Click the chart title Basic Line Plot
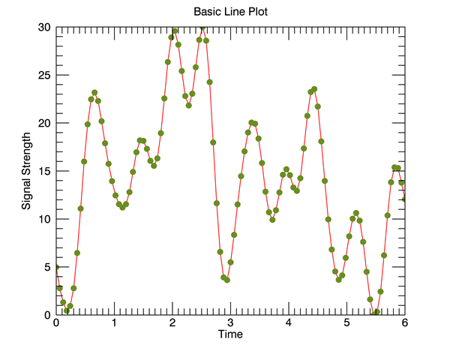[x=229, y=12]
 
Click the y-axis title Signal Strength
[x=26, y=171]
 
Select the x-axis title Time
[x=230, y=334]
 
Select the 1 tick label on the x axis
[x=115, y=323]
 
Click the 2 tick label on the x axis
[x=172, y=323]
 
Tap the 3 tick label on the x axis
[x=231, y=323]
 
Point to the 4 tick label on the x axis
[x=289, y=323]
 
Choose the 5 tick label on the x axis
[x=347, y=323]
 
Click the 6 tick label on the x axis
[x=405, y=323]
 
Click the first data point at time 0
[x=56, y=267]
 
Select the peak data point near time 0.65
[x=94, y=93]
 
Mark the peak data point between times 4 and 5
[x=314, y=89]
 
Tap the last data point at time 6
[x=405, y=199]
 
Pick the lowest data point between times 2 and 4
[x=226, y=280]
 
